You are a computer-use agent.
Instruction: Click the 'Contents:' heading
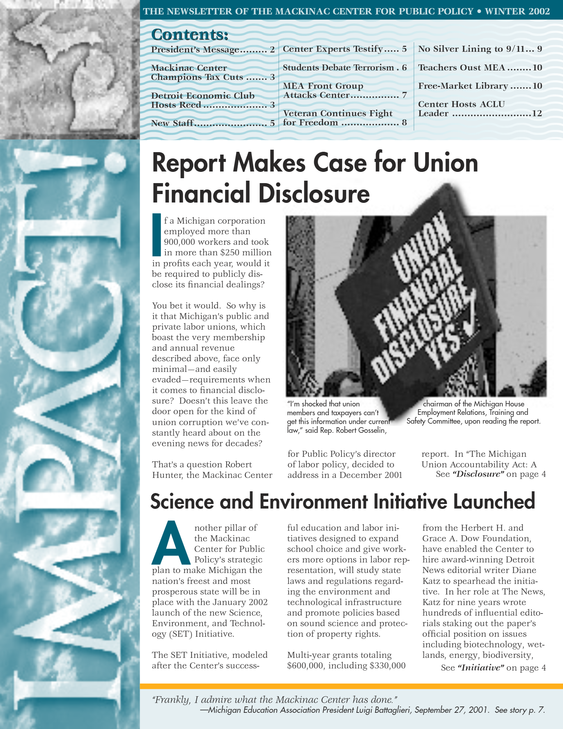click(190, 35)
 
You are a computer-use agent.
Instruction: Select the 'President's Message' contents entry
click(195, 50)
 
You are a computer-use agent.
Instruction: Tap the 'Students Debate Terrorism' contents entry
click(338, 68)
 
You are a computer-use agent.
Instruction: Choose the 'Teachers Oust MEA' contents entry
click(461, 68)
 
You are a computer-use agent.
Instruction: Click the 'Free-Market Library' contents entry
click(463, 86)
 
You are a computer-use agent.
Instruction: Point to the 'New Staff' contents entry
click(172, 123)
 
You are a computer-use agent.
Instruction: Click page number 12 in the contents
click(537, 113)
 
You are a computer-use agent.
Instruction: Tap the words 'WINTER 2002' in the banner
click(517, 11)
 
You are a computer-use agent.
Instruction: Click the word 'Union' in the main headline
click(445, 163)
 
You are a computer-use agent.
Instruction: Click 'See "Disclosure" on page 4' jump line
click(491, 474)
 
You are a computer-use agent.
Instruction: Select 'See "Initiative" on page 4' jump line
click(493, 668)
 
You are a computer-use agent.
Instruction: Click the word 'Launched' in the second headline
click(494, 501)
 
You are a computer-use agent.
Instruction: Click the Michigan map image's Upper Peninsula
click(53, 39)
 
